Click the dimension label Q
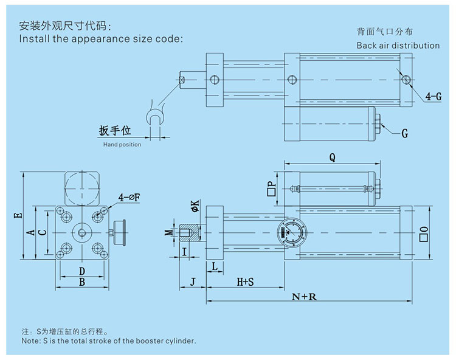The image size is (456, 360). pos(332,157)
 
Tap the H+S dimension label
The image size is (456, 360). pos(245,282)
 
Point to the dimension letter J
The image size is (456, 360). pos(192,282)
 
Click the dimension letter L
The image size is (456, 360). pos(215,266)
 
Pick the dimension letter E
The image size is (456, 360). pos(17,215)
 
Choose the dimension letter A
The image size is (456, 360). pos(30,232)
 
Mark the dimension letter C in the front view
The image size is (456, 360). pos(41,232)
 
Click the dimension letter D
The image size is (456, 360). pos(81,270)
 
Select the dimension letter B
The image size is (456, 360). pos(81,282)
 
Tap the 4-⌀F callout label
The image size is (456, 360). pos(130,197)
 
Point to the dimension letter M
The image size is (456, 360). pos(168,232)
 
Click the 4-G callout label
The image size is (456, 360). pos(434,96)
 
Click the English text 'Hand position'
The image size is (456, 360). pos(122,145)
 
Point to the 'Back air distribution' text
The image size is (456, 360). pos(398,46)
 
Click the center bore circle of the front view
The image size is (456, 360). pos(81,232)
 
